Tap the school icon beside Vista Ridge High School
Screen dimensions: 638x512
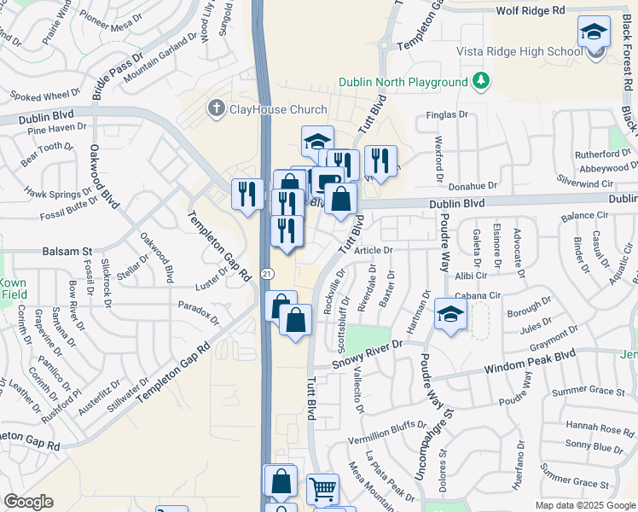pos(594,34)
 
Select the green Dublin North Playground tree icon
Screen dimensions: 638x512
pos(483,81)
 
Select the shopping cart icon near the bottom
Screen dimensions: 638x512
pos(322,489)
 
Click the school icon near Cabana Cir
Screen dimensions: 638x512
pos(450,315)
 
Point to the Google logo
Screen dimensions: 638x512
pos(28,502)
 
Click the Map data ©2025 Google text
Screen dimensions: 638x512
pos(585,505)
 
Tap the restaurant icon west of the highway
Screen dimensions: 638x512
pos(247,194)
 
